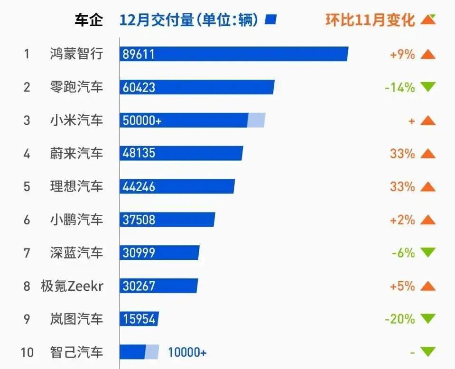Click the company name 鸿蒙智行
coord(76,54)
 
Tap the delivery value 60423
coord(138,87)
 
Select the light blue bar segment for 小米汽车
coord(256,120)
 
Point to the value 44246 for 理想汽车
coord(138,187)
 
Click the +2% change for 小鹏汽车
coord(402,220)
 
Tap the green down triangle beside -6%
coord(428,253)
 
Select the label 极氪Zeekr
coord(72,286)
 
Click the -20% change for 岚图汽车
coord(399,319)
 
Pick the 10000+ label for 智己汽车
coord(187,353)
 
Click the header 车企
coord(88,20)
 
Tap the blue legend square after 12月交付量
coord(271,20)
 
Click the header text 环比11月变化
coord(370,20)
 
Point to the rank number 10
coord(27,353)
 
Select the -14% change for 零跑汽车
coord(399,87)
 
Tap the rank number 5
coord(27,187)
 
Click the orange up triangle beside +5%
coord(428,286)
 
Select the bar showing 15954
coord(139,319)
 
